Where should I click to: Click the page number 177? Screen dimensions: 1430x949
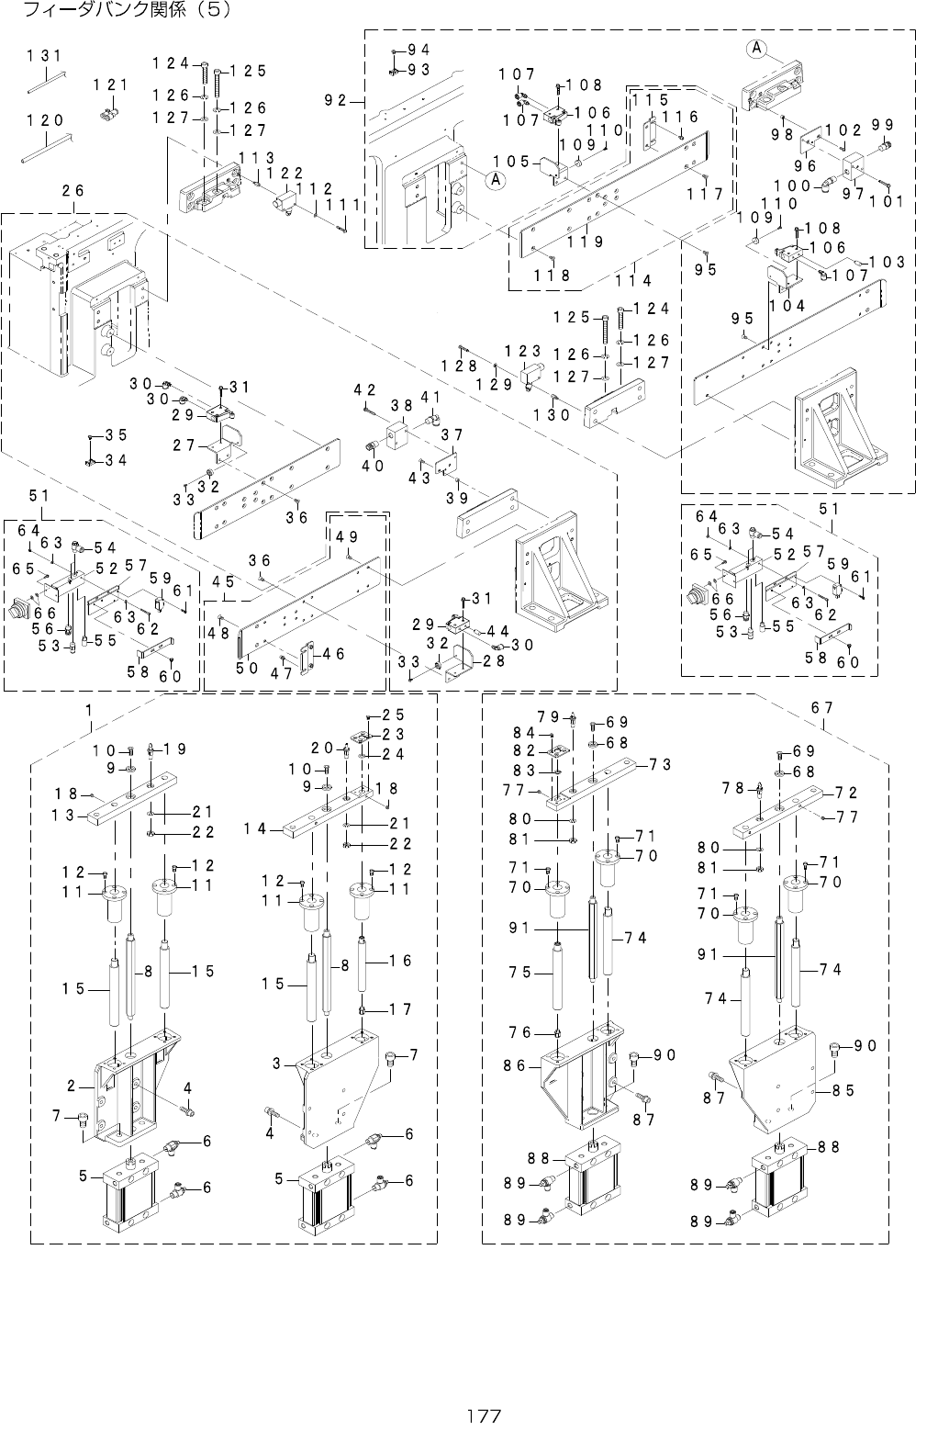484,1415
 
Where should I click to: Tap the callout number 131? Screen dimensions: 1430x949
44,57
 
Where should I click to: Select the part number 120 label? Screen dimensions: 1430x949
44,120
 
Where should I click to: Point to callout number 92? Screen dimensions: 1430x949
341,101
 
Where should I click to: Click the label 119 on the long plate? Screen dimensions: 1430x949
584,242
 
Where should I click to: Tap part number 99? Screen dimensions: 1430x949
883,125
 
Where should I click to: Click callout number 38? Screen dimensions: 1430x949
400,404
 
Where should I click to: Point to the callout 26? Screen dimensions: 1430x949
73,191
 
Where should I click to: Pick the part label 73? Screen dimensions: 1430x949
660,764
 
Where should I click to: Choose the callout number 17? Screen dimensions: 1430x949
399,1009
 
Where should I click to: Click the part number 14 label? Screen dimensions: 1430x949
254,828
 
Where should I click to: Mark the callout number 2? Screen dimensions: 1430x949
71,1087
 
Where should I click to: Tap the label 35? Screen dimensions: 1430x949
116,434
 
